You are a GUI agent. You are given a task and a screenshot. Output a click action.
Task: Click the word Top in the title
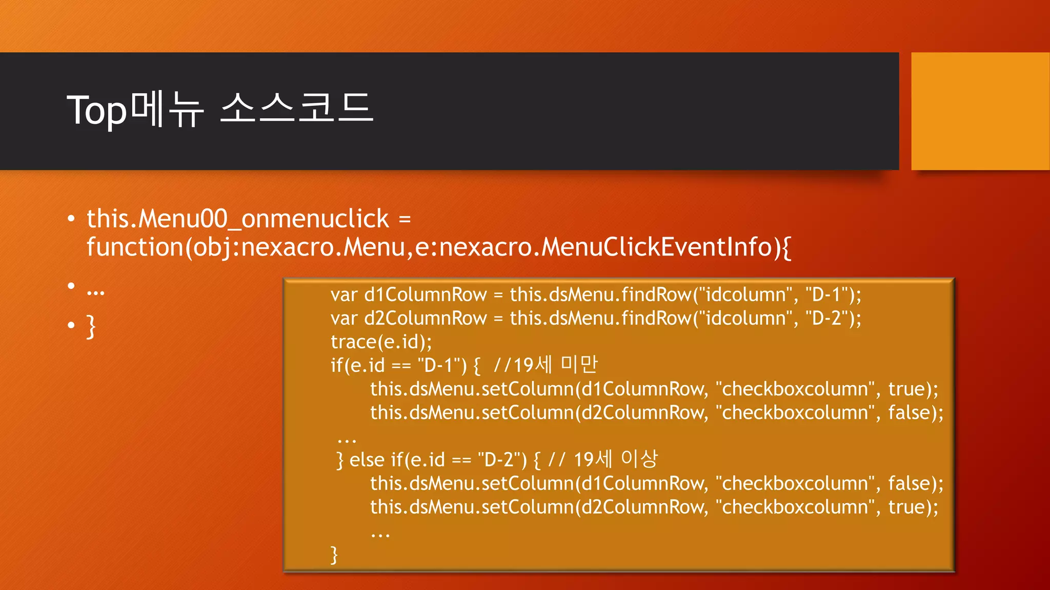point(96,110)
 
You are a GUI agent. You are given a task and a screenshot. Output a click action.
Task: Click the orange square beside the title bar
point(980,111)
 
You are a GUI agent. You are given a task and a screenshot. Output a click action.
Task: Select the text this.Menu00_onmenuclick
point(238,219)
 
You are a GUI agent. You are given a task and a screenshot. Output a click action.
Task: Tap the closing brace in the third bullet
point(91,326)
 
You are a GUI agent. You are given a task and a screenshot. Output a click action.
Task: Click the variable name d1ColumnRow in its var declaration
point(425,295)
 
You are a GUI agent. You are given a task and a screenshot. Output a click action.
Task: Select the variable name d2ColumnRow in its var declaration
point(425,319)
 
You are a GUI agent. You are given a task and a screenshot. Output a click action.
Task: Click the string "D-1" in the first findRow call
point(825,295)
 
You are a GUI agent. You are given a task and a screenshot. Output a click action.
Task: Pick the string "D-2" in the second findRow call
point(825,319)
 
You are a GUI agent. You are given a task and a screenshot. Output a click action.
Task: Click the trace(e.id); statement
point(381,342)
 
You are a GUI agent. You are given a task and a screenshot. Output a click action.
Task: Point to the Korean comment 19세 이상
point(615,459)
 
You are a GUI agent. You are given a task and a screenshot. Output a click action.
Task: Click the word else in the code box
point(367,460)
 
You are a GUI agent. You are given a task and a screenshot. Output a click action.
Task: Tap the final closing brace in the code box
point(334,555)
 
